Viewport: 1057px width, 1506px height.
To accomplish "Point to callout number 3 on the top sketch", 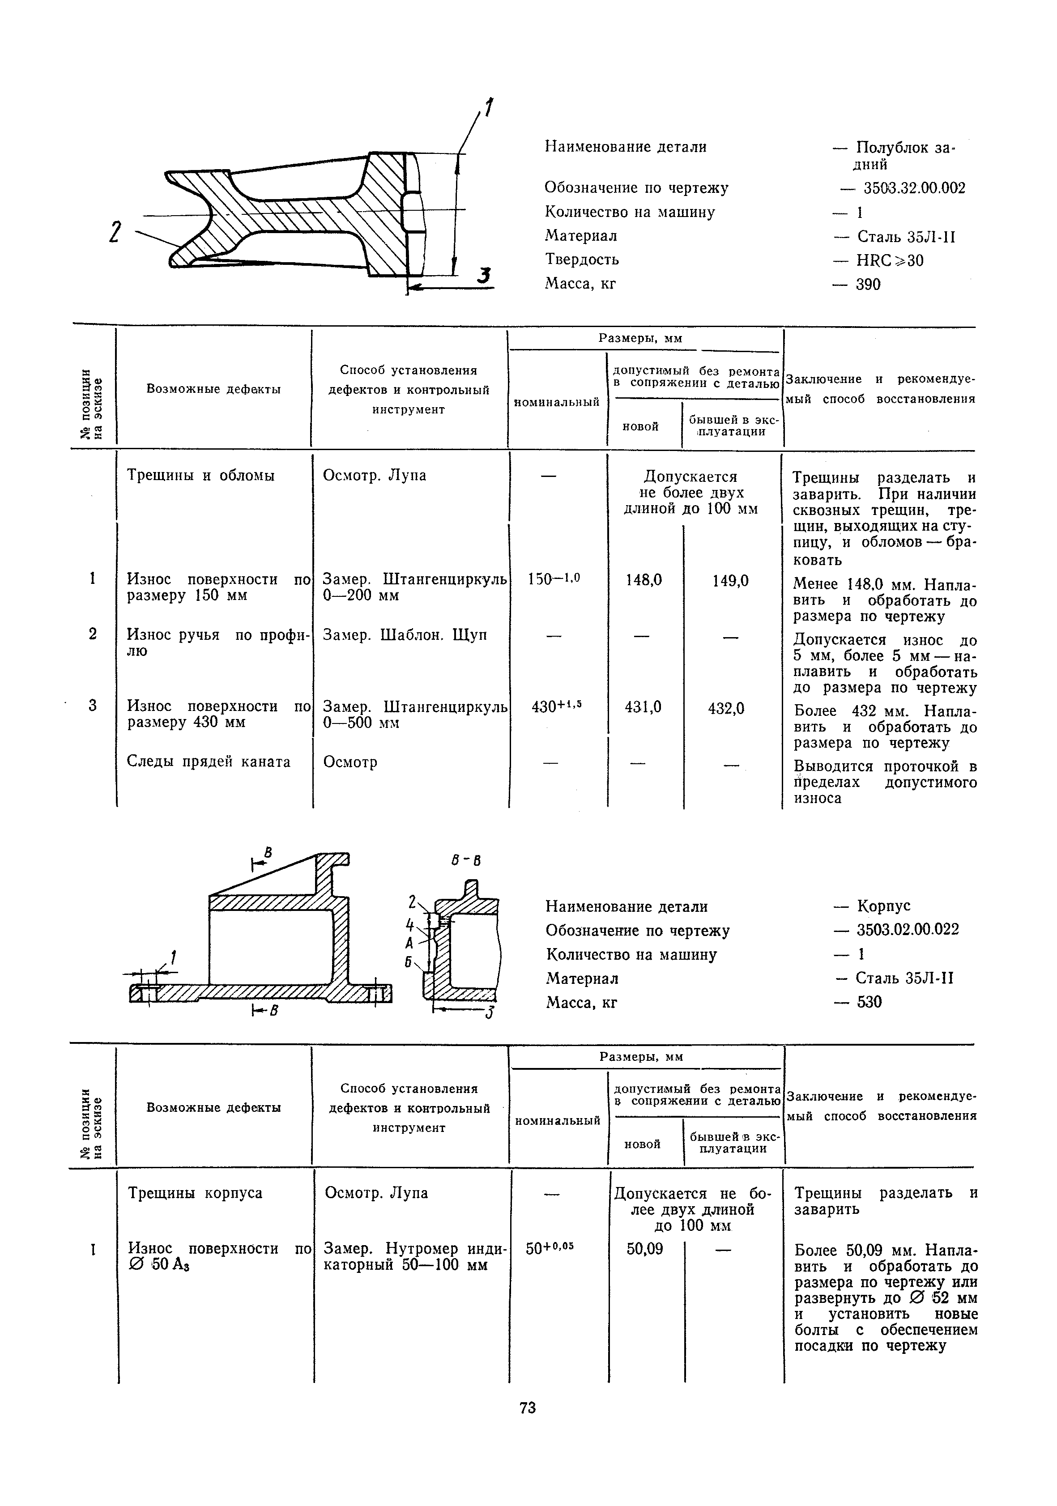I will (484, 276).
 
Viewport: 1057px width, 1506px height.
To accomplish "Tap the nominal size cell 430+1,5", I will (556, 706).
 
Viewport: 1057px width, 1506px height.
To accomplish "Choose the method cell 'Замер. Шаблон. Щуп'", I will (405, 635).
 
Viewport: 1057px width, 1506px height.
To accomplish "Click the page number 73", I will (528, 1408).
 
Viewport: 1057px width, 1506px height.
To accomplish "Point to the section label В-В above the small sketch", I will (466, 860).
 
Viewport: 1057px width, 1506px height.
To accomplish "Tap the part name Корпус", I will (883, 906).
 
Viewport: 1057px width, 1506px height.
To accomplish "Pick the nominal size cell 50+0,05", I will (550, 1247).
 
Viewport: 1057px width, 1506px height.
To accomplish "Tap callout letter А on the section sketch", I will (409, 943).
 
